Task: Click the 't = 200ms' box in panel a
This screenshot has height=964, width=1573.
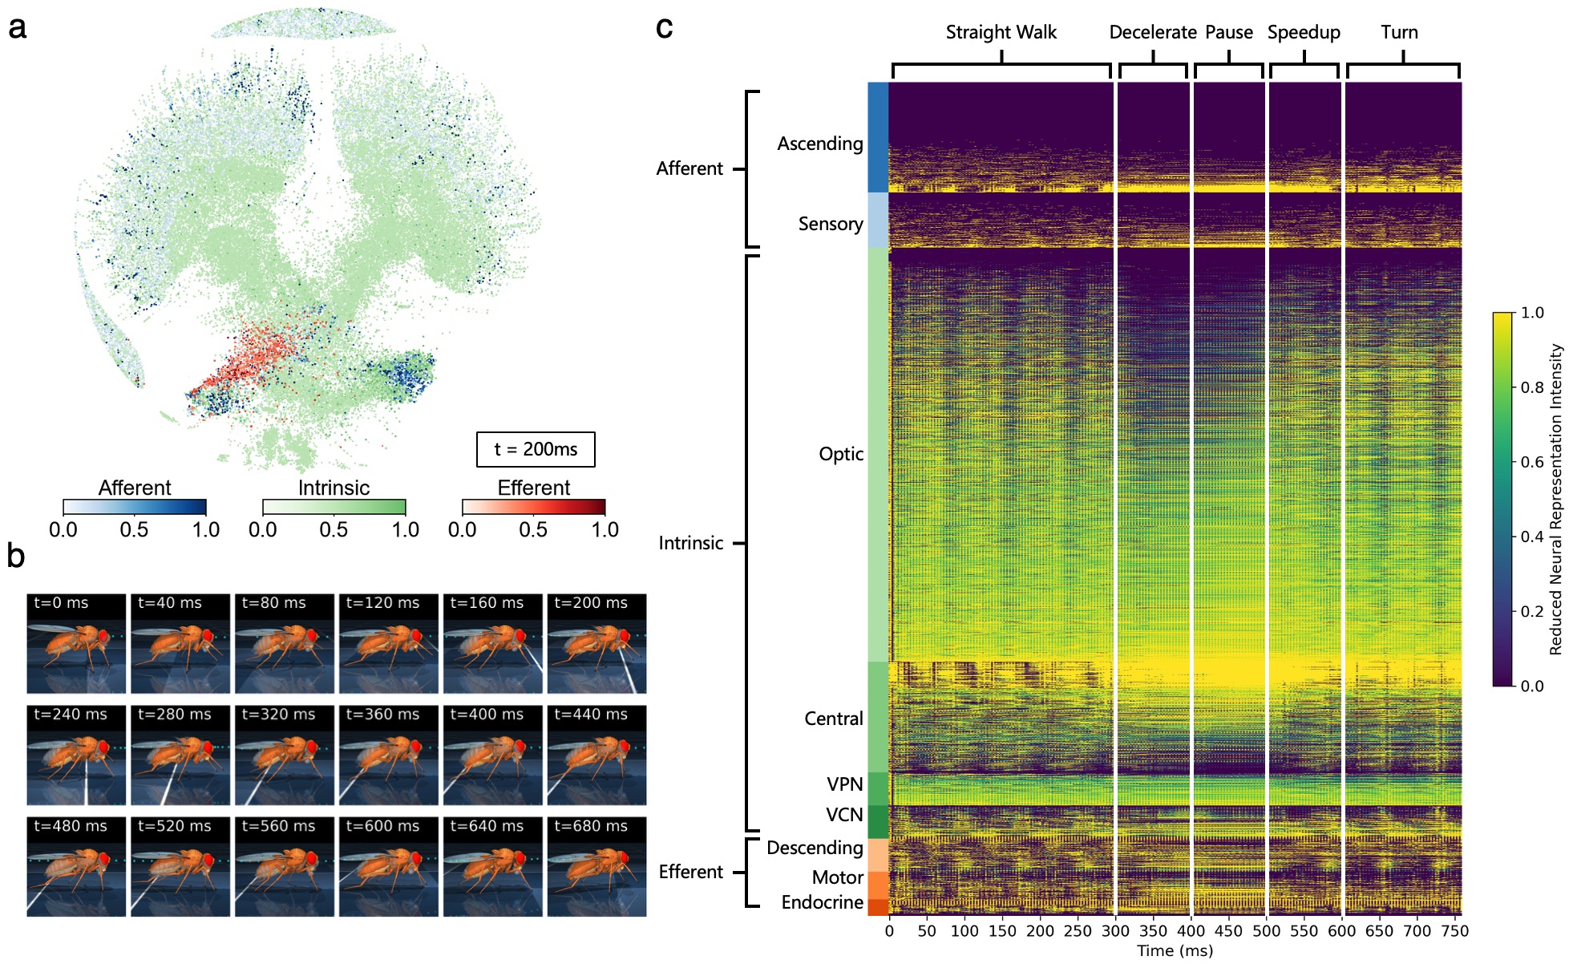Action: [536, 449]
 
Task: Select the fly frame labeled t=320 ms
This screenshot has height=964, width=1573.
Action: [285, 755]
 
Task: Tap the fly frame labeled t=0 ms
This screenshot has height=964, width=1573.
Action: [76, 643]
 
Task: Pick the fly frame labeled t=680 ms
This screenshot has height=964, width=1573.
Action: [596, 866]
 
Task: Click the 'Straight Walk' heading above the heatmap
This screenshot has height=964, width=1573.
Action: [1001, 32]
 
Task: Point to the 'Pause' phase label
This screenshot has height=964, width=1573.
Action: [1228, 32]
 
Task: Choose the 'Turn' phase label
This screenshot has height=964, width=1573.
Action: [1399, 32]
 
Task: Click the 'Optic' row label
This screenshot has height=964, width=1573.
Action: [840, 454]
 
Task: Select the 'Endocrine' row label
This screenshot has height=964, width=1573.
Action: [822, 902]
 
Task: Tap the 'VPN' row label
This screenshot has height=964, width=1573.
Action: [844, 784]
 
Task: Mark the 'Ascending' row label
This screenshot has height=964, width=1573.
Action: [819, 144]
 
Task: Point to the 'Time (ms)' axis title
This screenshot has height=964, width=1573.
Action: [1175, 951]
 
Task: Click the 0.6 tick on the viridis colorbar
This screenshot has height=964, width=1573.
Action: [1532, 462]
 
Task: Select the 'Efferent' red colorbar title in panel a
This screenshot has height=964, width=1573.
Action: [533, 488]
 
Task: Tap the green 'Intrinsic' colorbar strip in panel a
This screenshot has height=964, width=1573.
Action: [334, 507]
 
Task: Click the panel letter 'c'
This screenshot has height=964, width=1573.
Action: [664, 27]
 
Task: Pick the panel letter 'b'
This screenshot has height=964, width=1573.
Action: [16, 555]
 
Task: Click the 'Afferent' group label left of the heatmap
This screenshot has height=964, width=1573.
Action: [689, 168]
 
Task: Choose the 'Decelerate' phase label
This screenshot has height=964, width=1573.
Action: [1152, 32]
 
